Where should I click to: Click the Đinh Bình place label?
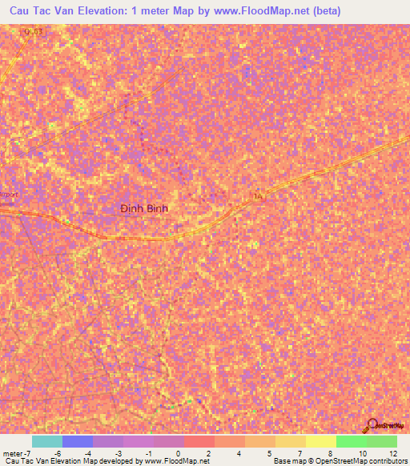[144, 207]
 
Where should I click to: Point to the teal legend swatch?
[46, 441]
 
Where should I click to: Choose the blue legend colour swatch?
[78, 441]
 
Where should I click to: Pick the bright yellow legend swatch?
[321, 441]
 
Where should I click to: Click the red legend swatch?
[199, 441]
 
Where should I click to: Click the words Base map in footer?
[286, 462]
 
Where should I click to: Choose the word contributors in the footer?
[387, 462]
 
